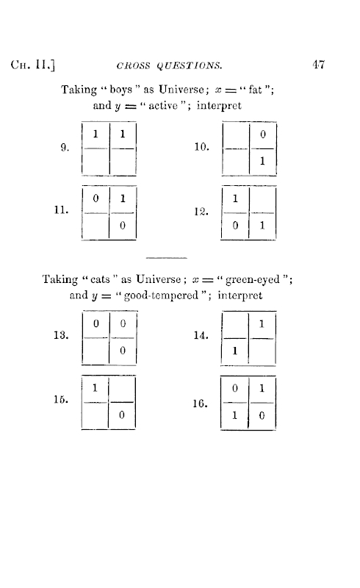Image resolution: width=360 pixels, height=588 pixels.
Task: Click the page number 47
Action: pyautogui.click(x=318, y=65)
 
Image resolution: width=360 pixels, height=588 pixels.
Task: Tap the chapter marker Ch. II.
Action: pyautogui.click(x=33, y=65)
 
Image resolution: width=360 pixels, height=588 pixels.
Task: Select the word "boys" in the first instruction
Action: pyautogui.click(x=121, y=90)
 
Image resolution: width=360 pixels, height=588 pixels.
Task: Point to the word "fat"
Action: pyautogui.click(x=256, y=90)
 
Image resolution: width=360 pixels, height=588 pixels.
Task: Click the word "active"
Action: pyautogui.click(x=163, y=106)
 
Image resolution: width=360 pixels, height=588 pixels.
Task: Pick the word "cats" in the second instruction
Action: pyautogui.click(x=100, y=279)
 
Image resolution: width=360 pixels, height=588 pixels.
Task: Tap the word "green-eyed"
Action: pyautogui.click(x=253, y=280)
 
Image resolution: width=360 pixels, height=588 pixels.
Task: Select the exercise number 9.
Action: pyautogui.click(x=65, y=148)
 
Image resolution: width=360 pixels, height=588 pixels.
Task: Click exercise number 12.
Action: pyautogui.click(x=201, y=212)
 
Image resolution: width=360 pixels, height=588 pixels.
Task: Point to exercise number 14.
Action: pyautogui.click(x=201, y=335)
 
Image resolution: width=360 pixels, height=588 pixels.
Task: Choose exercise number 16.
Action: pyautogui.click(x=200, y=404)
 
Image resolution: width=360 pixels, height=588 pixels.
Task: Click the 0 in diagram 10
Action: pyautogui.click(x=263, y=134)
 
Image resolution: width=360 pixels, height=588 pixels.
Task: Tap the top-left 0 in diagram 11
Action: pyautogui.click(x=96, y=198)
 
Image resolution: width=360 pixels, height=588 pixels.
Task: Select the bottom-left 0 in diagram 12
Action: pyautogui.click(x=235, y=226)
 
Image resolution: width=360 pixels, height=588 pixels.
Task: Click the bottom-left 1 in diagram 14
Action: pyautogui.click(x=235, y=351)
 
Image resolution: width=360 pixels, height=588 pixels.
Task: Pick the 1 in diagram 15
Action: pyautogui.click(x=95, y=387)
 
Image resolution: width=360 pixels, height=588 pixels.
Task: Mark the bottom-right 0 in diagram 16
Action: pyautogui.click(x=262, y=415)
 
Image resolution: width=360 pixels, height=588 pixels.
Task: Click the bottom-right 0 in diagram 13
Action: pyautogui.click(x=123, y=351)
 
